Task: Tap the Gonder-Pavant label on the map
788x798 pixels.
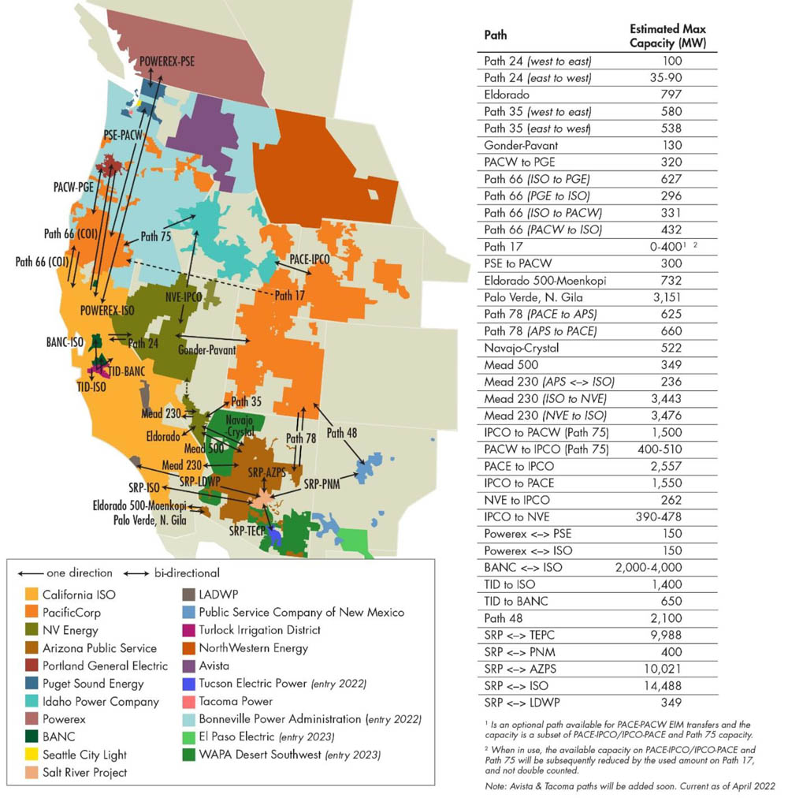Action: click(x=207, y=349)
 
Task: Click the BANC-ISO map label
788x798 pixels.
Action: click(x=65, y=343)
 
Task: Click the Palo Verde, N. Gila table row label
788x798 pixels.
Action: click(x=531, y=296)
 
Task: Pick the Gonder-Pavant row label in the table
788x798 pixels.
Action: click(x=521, y=145)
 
